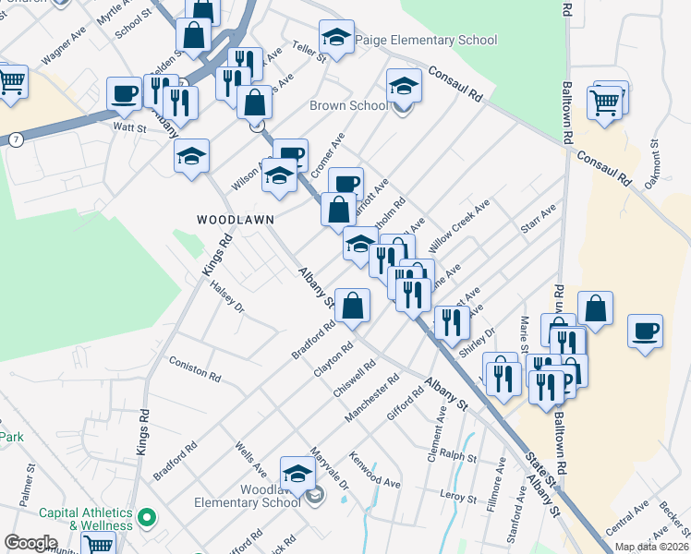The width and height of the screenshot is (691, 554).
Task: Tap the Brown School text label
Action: point(348,105)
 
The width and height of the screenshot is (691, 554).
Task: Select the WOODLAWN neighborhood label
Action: point(231,220)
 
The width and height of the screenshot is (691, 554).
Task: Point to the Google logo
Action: point(30,543)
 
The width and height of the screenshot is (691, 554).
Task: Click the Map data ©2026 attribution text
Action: point(651,547)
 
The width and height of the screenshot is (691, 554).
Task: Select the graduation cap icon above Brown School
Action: point(404,87)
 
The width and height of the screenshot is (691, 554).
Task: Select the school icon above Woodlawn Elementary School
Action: point(297,473)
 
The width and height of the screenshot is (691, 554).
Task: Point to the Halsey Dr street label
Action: point(227,295)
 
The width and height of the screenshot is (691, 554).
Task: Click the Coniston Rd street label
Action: point(196,371)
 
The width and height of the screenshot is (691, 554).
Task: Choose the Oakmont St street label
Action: point(652,163)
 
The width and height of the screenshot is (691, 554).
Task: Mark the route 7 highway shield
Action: point(17,138)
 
